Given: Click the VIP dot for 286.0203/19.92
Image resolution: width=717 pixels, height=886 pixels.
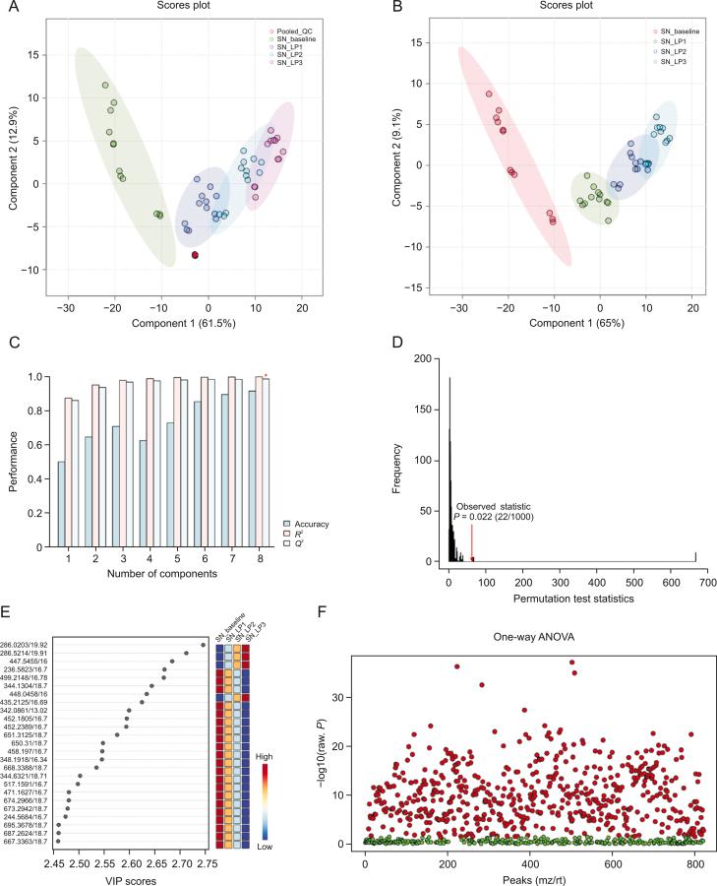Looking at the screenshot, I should click(203, 645).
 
